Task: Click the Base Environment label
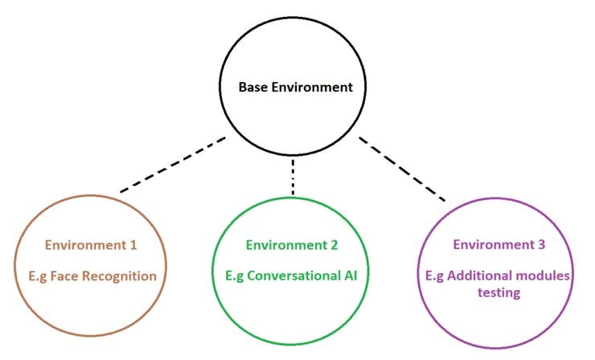[295, 87]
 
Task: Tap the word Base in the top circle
[253, 87]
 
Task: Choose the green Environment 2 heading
[293, 244]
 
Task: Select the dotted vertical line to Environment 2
[293, 177]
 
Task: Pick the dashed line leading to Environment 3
[401, 168]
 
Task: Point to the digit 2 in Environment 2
[334, 244]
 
